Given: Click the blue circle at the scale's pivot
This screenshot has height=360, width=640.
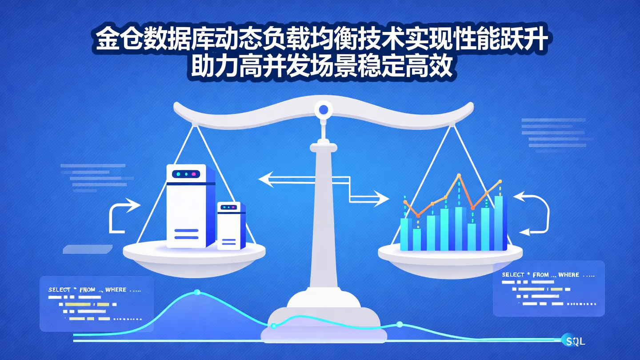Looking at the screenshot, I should tap(324, 109).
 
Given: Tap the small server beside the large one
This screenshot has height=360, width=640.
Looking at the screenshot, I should tap(231, 225).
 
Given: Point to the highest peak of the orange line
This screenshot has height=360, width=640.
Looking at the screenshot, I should tap(459, 176).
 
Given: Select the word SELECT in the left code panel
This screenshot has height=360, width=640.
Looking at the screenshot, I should tap(60, 290).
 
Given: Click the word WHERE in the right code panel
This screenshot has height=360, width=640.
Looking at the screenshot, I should tap(568, 275).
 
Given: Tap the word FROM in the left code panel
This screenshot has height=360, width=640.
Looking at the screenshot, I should tap(87, 290).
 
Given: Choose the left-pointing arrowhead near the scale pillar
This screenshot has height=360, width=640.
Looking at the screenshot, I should tap(267, 180).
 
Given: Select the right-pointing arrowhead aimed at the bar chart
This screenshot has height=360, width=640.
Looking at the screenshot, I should tap(381, 198).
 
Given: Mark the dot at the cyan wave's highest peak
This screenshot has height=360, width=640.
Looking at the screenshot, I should tap(197, 292).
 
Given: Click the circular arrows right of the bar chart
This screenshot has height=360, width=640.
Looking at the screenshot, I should tap(535, 213).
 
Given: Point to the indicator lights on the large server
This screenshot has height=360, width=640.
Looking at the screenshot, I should tap(186, 175).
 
